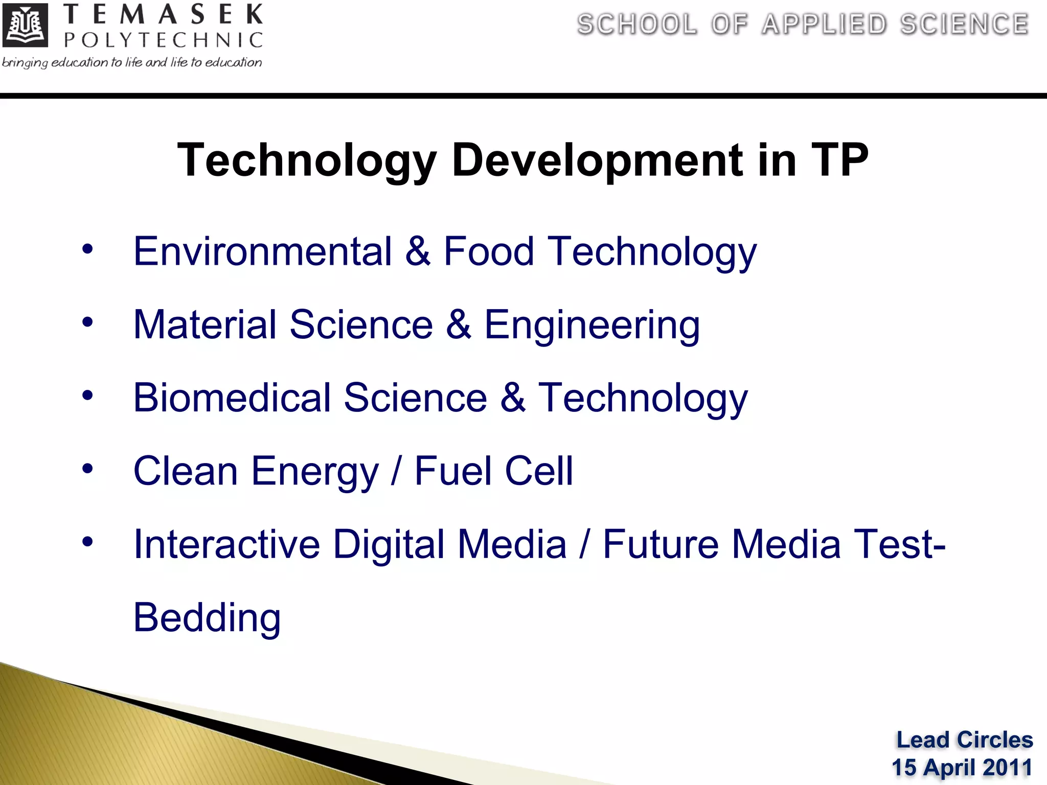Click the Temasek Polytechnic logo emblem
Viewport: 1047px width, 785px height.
tap(25, 25)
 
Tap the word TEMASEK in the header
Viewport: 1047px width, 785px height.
tap(163, 14)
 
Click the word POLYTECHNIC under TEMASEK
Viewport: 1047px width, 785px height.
tap(163, 40)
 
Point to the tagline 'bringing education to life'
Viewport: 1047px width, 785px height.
tap(131, 62)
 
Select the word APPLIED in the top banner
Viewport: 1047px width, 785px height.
tap(824, 25)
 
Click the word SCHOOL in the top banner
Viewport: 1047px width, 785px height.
tap(637, 25)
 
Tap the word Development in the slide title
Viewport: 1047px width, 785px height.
tap(598, 160)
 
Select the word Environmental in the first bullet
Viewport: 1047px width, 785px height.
tap(262, 251)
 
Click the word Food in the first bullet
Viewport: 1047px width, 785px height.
tap(489, 251)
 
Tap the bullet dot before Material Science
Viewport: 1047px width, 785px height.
tap(87, 322)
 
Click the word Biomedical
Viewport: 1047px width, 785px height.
tap(232, 398)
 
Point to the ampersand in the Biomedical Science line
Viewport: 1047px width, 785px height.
tap(513, 398)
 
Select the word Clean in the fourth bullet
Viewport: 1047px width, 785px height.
tap(186, 471)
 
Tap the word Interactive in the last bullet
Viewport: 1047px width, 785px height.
tap(226, 544)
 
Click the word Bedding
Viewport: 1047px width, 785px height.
tap(207, 618)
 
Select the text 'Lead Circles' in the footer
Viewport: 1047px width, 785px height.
tap(965, 740)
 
